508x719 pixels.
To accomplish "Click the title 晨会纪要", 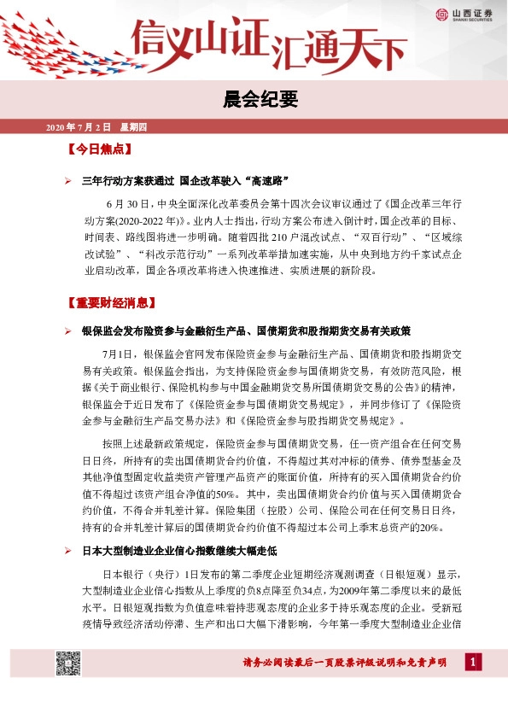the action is [254, 101].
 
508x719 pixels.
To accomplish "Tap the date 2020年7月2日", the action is [78, 127].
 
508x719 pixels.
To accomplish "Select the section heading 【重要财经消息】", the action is [110, 303].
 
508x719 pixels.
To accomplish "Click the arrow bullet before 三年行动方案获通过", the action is [69, 182].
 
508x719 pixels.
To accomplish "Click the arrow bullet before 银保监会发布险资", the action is [69, 331].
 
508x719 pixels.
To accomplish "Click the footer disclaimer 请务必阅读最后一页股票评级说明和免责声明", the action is [344, 663].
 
